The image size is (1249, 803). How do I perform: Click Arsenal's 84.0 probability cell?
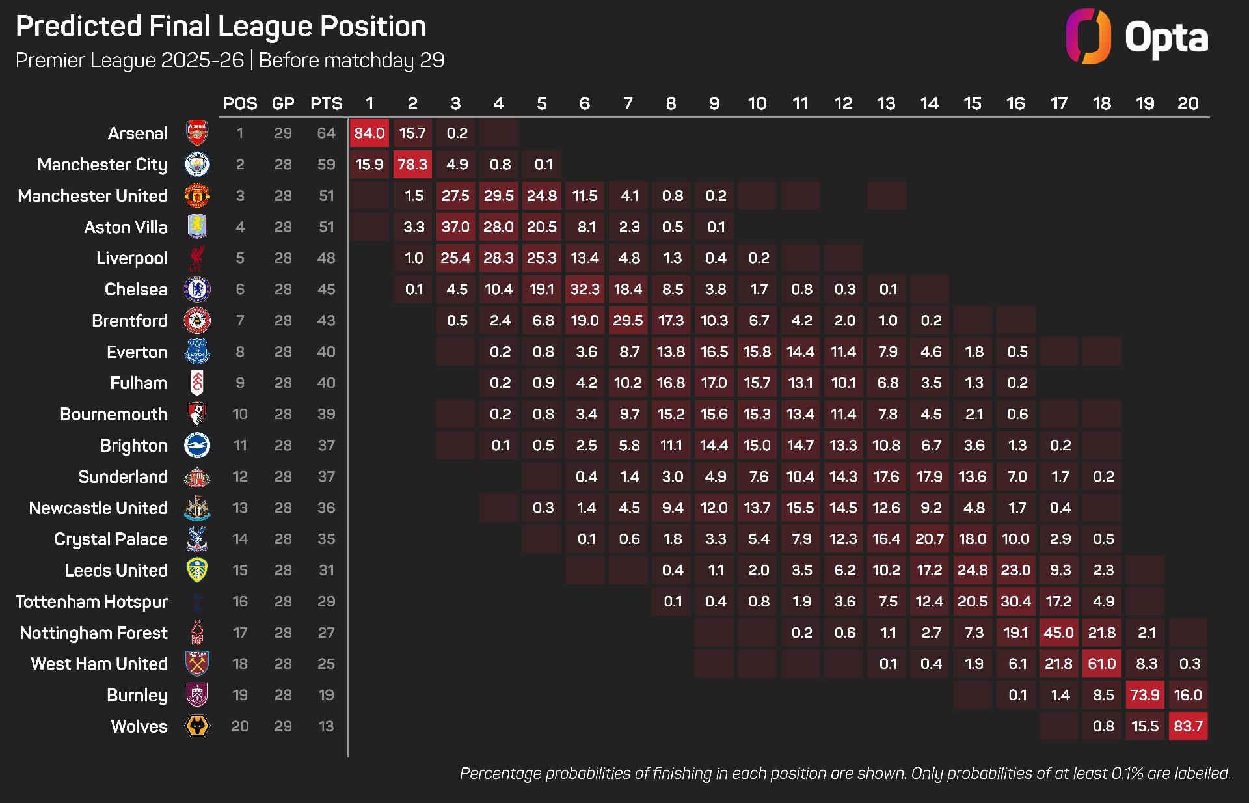(x=369, y=133)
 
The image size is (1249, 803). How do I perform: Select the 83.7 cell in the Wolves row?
(x=1188, y=726)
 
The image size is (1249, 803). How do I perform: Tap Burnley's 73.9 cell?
(x=1145, y=695)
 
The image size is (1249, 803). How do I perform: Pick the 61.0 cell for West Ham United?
(x=1102, y=664)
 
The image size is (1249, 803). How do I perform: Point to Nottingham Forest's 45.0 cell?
(x=1058, y=633)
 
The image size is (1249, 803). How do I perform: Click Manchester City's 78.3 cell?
(x=412, y=165)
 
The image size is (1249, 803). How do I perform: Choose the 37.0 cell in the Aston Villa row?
(x=455, y=227)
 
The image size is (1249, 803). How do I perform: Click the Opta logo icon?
(x=1088, y=36)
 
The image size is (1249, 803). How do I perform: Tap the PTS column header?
(x=326, y=103)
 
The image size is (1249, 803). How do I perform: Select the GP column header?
(x=283, y=103)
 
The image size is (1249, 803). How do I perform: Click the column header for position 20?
(x=1188, y=103)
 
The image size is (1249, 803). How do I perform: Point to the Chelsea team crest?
(x=196, y=290)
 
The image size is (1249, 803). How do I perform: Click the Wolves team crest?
(x=196, y=726)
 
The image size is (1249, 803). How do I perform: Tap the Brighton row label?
(x=133, y=446)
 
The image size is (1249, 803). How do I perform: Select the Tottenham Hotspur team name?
(x=92, y=602)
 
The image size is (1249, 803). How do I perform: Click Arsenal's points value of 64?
(x=326, y=133)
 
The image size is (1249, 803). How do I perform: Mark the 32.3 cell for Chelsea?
(x=584, y=290)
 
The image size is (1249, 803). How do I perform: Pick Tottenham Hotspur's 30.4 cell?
(x=1015, y=601)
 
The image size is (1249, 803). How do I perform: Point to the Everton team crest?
(x=196, y=352)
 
